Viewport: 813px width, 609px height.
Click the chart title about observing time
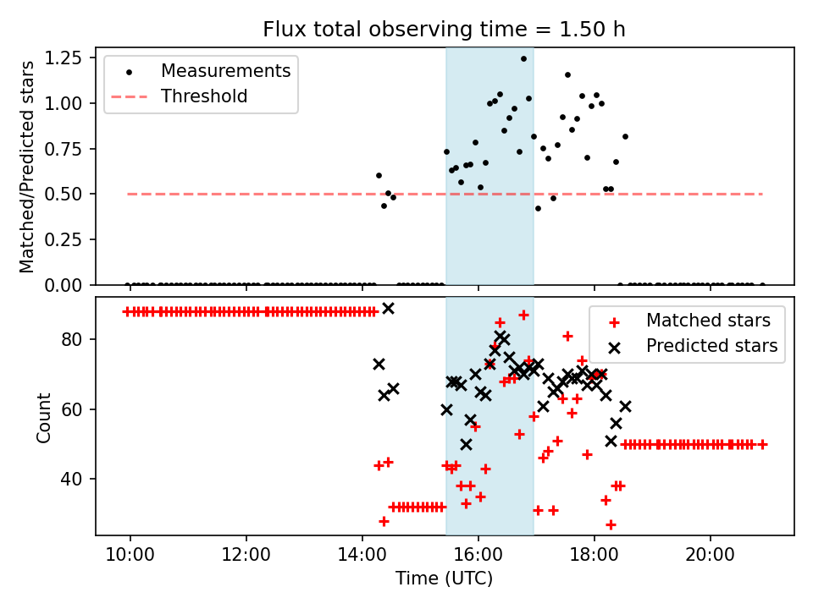444,30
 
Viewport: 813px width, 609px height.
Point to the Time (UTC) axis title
444,579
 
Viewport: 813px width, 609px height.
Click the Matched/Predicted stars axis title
27,167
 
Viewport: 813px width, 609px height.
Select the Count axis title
44,417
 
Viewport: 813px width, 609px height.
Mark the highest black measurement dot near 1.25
523,59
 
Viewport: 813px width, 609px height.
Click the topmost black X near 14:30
388,309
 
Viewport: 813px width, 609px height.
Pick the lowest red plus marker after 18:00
611,524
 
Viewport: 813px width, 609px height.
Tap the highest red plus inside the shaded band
523,315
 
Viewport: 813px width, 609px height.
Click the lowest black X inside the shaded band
466,444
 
